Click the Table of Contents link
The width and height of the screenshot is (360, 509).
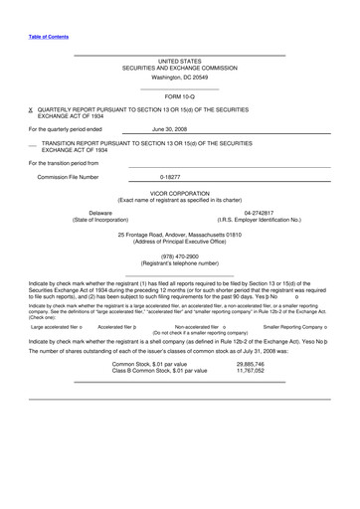(x=49, y=36)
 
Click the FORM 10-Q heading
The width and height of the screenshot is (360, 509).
(x=180, y=95)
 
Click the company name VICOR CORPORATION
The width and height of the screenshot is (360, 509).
(x=180, y=193)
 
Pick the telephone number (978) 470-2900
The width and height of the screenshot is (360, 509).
(x=179, y=255)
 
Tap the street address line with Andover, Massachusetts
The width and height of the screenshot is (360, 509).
(x=180, y=235)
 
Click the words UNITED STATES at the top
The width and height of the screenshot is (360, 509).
(x=180, y=61)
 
